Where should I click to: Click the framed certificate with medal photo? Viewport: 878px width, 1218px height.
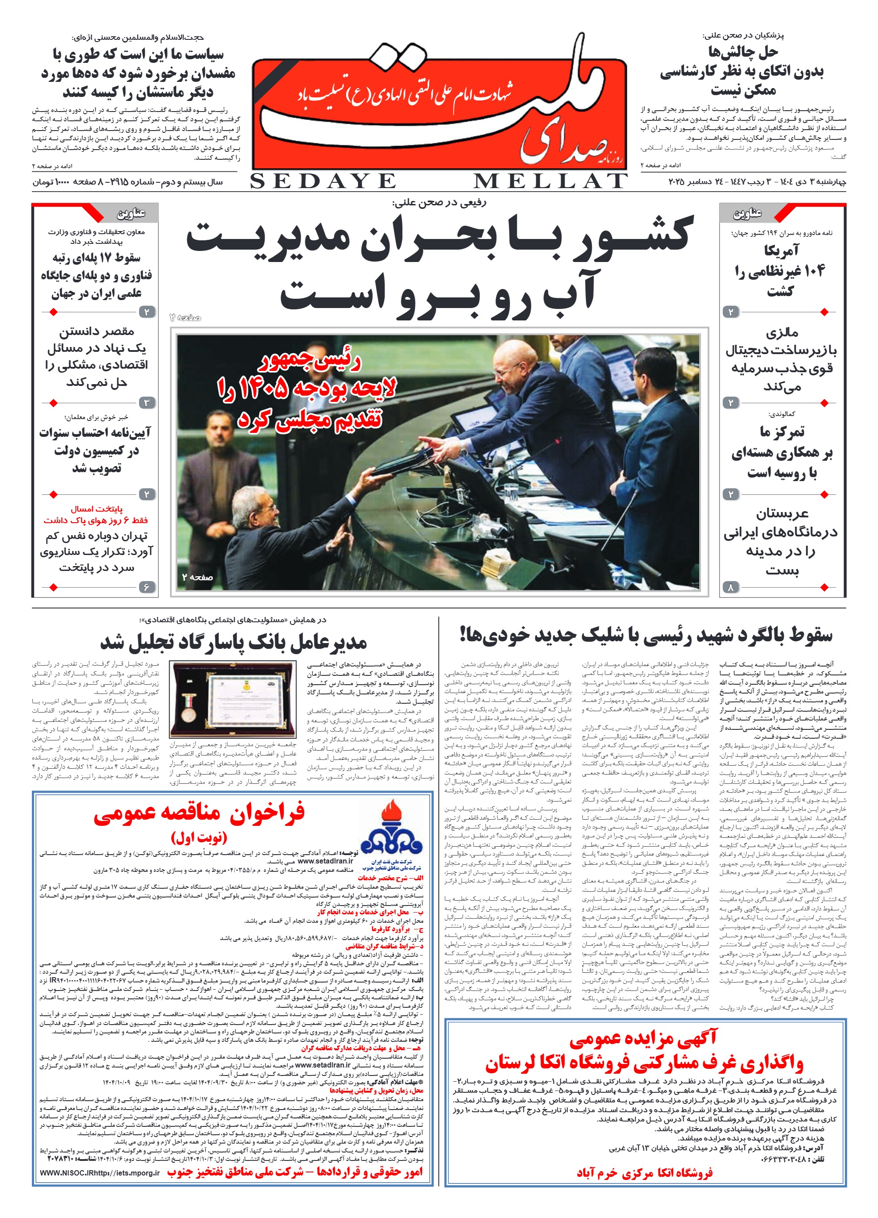coord(232,699)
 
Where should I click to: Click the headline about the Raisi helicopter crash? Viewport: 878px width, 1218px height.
coord(646,635)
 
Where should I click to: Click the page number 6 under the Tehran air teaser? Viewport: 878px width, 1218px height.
coord(146,587)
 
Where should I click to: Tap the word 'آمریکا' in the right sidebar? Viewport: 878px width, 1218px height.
coord(782,250)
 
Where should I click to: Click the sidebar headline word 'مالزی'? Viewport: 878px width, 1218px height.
coord(782,333)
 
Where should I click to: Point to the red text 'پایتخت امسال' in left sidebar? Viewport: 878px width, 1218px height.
coord(96,509)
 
